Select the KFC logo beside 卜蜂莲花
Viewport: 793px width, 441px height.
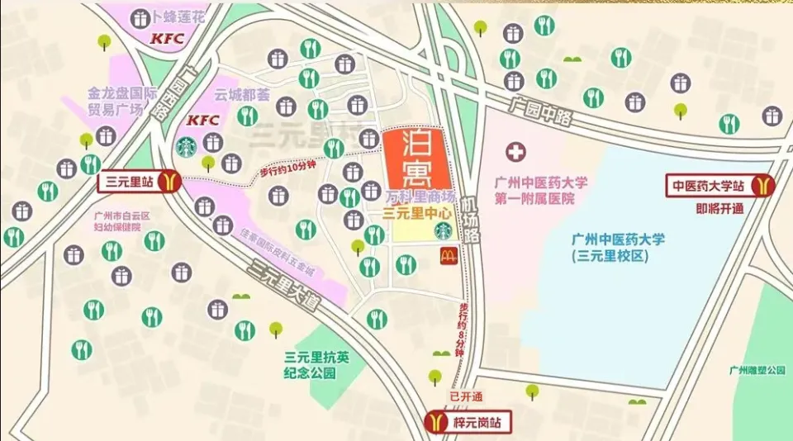pyautogui.click(x=166, y=39)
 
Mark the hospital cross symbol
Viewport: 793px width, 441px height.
pyautogui.click(x=516, y=153)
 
